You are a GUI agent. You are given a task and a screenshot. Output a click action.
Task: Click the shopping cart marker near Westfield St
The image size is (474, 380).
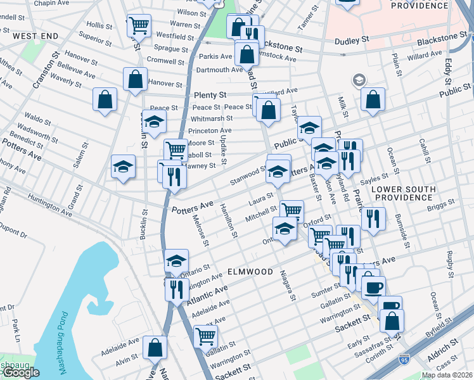pyautogui.click(x=139, y=26)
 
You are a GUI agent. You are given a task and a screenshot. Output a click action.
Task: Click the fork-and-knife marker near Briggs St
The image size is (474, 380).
pyautogui.click(x=373, y=218)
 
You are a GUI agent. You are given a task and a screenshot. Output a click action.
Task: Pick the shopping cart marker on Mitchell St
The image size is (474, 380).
pyautogui.click(x=291, y=211)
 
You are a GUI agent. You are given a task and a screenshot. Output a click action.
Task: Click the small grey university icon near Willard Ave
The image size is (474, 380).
pyautogui.click(x=359, y=80)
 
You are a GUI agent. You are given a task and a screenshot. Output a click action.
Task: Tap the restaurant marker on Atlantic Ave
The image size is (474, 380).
pyautogui.click(x=177, y=289)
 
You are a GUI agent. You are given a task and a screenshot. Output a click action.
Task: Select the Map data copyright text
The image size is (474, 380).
pyautogui.click(x=447, y=375)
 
